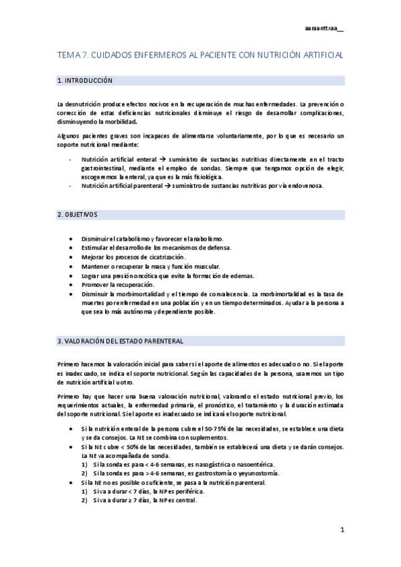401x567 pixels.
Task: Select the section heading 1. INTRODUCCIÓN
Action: point(85,81)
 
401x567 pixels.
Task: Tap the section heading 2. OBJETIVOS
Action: point(78,215)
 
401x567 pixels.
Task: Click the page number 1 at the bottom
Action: point(341,530)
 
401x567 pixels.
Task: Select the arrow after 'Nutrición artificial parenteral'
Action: point(171,186)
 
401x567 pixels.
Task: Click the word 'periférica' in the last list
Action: point(176,491)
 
